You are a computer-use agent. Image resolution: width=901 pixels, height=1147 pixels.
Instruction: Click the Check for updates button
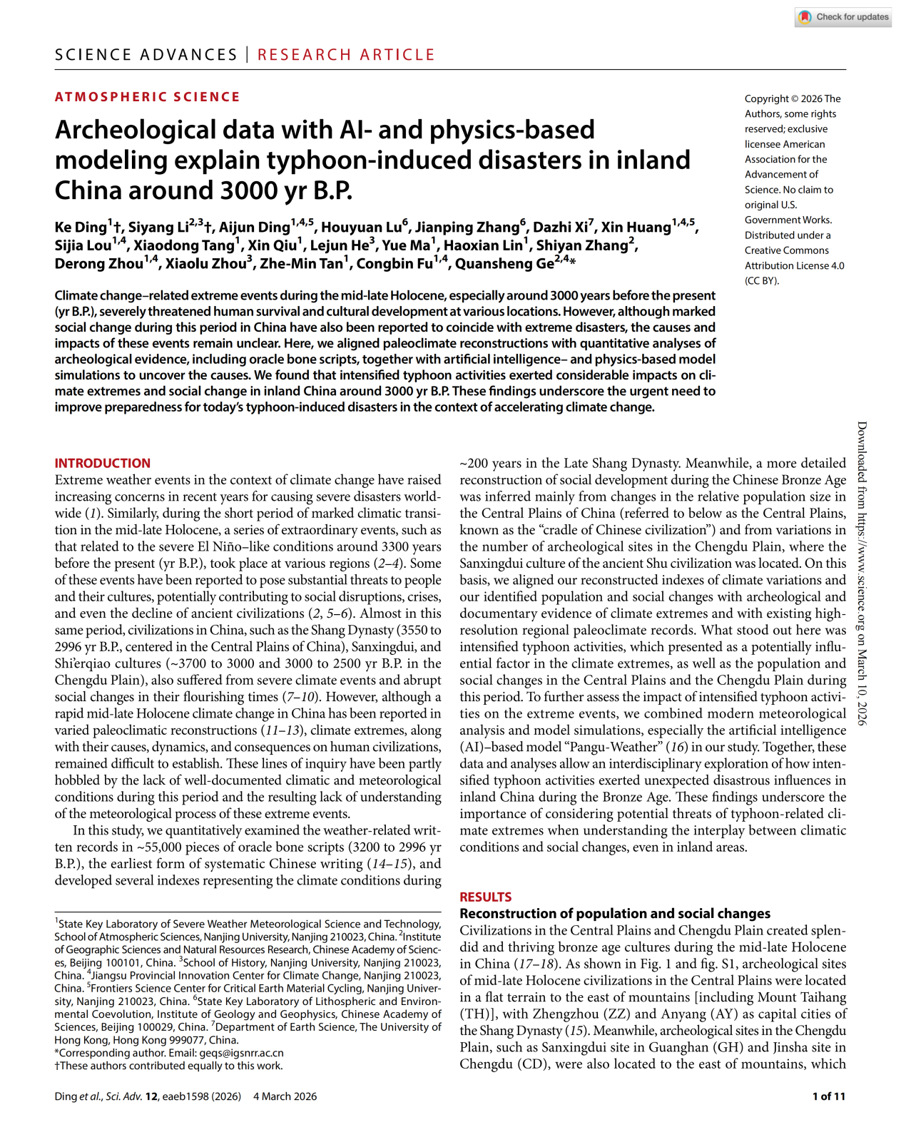click(843, 17)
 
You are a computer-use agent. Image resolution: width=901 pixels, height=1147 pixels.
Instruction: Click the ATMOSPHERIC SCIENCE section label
click(148, 97)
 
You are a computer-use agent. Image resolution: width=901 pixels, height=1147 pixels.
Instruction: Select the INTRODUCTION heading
click(103, 463)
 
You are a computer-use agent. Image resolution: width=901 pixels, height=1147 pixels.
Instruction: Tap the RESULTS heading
click(485, 897)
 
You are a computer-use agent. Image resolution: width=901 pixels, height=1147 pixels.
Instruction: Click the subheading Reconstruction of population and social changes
click(615, 914)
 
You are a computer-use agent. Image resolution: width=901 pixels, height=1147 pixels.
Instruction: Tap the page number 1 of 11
click(828, 1096)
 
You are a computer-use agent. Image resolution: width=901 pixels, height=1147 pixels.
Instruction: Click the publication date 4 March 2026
click(285, 1096)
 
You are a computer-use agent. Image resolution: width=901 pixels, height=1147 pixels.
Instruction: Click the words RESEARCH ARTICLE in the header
click(346, 55)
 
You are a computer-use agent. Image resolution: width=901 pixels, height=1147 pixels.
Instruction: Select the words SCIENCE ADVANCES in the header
click(146, 55)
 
